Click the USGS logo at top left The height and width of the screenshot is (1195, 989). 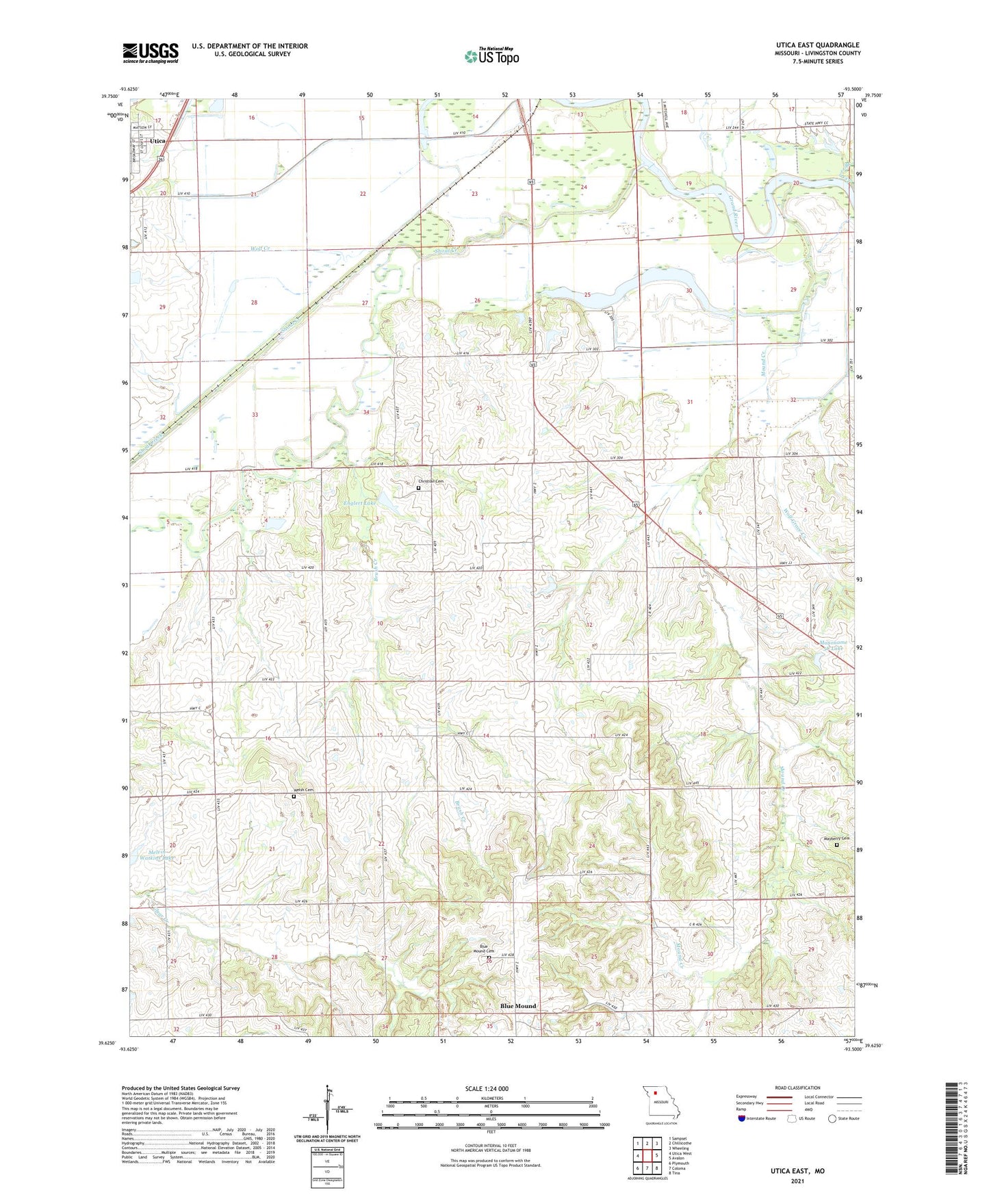[151, 53]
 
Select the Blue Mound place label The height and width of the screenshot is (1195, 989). [518, 1005]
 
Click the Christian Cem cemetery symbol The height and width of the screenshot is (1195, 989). [418, 488]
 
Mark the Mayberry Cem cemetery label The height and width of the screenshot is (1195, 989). [836, 838]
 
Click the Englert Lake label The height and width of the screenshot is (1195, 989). [359, 503]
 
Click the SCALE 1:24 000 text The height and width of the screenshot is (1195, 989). [487, 1088]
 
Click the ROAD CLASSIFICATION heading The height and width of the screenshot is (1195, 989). [797, 1088]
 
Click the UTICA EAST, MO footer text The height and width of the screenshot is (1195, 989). [797, 1171]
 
